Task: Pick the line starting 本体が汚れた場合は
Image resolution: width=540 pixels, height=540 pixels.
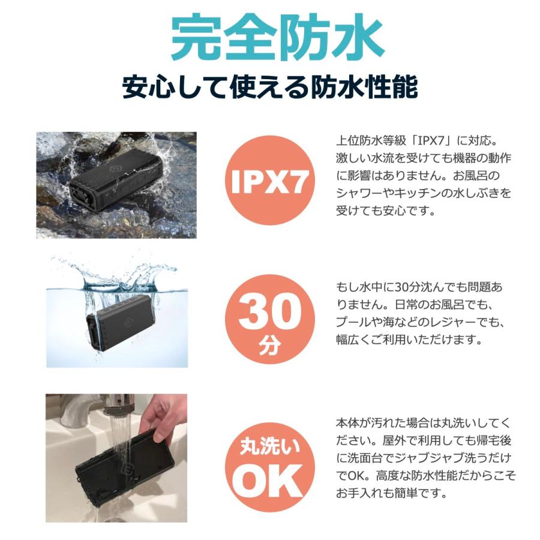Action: (423, 423)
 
